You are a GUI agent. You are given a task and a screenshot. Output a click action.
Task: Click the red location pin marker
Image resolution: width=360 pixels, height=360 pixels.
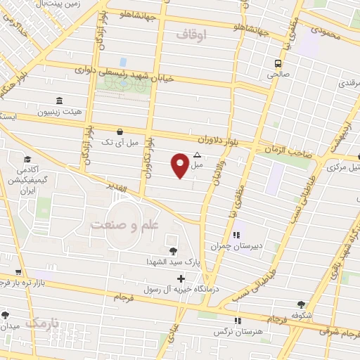click(x=180, y=165)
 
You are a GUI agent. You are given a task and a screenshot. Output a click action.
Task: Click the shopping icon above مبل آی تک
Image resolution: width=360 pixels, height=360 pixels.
click(x=120, y=131)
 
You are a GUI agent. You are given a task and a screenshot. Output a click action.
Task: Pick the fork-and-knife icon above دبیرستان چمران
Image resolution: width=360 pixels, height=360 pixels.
click(x=236, y=235)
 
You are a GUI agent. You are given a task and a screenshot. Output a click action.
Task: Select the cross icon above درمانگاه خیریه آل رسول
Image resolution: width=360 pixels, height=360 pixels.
click(x=181, y=278)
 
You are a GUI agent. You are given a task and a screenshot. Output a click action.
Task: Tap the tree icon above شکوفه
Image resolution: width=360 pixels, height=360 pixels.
click(x=302, y=304)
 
